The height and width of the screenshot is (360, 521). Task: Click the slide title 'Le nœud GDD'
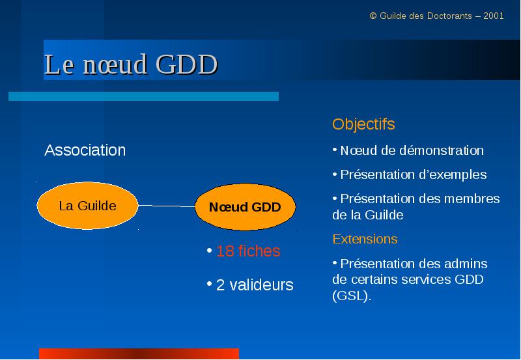click(x=131, y=64)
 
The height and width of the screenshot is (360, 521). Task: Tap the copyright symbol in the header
click(x=373, y=16)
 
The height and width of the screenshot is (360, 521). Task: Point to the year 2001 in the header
click(x=494, y=16)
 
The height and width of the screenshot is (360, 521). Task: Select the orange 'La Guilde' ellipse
click(x=87, y=206)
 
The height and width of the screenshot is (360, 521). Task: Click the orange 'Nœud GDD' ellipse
click(x=246, y=207)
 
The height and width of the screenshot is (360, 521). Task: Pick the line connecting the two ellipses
click(x=167, y=206)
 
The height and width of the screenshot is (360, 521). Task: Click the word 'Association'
click(x=85, y=150)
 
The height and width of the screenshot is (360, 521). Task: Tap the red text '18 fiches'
click(x=248, y=251)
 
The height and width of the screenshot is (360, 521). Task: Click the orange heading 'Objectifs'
click(x=363, y=124)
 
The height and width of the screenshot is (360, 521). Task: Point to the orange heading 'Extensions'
click(x=365, y=239)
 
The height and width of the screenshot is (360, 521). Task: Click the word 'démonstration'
click(x=442, y=150)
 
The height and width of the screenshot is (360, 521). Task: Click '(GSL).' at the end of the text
click(x=352, y=296)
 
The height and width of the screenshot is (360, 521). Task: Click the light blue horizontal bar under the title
click(x=143, y=96)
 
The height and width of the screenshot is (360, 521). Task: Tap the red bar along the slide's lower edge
click(x=139, y=353)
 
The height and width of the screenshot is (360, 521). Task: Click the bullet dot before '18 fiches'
click(x=209, y=250)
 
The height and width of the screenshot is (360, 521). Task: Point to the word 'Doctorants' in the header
click(x=449, y=16)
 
